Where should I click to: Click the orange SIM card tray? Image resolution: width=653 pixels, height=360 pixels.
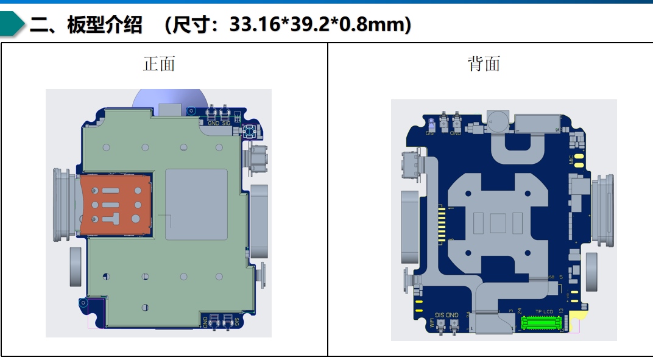[115, 205]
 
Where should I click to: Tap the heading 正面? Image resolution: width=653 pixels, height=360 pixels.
[159, 64]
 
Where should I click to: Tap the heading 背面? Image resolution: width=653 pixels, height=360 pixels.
[484, 64]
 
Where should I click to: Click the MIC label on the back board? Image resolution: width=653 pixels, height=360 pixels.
[571, 160]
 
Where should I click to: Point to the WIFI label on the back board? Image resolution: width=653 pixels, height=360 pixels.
[431, 322]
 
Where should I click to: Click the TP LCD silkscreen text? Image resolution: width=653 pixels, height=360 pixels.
[544, 311]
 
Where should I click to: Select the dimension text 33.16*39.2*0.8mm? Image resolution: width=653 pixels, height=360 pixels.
[319, 24]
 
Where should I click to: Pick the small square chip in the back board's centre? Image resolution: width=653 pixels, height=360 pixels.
[498, 223]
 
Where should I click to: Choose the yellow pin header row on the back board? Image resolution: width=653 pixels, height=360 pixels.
[442, 226]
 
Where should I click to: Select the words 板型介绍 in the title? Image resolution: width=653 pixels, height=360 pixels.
[105, 25]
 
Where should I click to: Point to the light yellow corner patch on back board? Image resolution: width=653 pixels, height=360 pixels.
[582, 314]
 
